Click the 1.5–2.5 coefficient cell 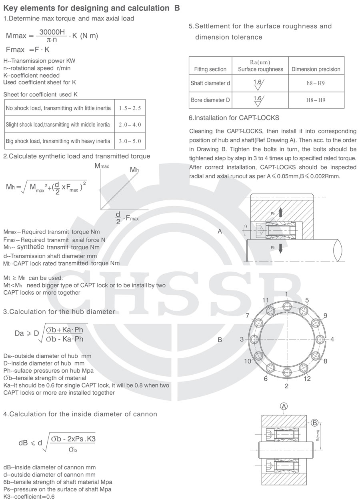(130, 108)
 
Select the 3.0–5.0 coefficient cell (130, 141)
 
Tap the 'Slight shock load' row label (58, 125)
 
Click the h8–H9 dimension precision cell (316, 84)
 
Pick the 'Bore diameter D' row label (210, 100)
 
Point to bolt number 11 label (266, 300)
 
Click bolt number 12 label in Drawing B (307, 378)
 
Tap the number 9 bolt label (325, 315)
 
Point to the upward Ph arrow (280, 212)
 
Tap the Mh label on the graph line (134, 170)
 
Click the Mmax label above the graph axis (102, 166)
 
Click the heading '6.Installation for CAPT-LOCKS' (234, 118)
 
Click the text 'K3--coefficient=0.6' (29, 497)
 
